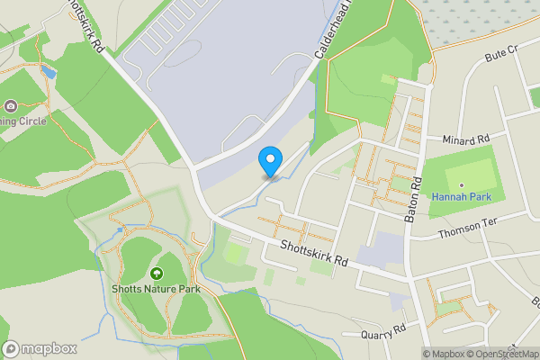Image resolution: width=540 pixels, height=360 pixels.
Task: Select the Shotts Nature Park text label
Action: click(157, 289)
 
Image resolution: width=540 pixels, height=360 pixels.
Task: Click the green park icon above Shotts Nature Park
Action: click(157, 273)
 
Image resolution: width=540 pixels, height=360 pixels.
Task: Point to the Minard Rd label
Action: click(465, 140)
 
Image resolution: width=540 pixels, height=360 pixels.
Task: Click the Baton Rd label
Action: click(416, 193)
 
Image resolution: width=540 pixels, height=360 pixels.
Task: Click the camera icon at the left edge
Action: click(10, 105)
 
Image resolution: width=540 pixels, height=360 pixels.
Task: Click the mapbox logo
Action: click(40, 348)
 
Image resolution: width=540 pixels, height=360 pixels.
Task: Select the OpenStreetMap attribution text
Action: click(502, 354)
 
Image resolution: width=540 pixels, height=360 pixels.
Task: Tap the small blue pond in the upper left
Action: click(48, 71)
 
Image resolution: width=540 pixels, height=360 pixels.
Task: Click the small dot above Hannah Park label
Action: click(461, 184)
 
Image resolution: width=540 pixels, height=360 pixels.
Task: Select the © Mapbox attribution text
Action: click(443, 354)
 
